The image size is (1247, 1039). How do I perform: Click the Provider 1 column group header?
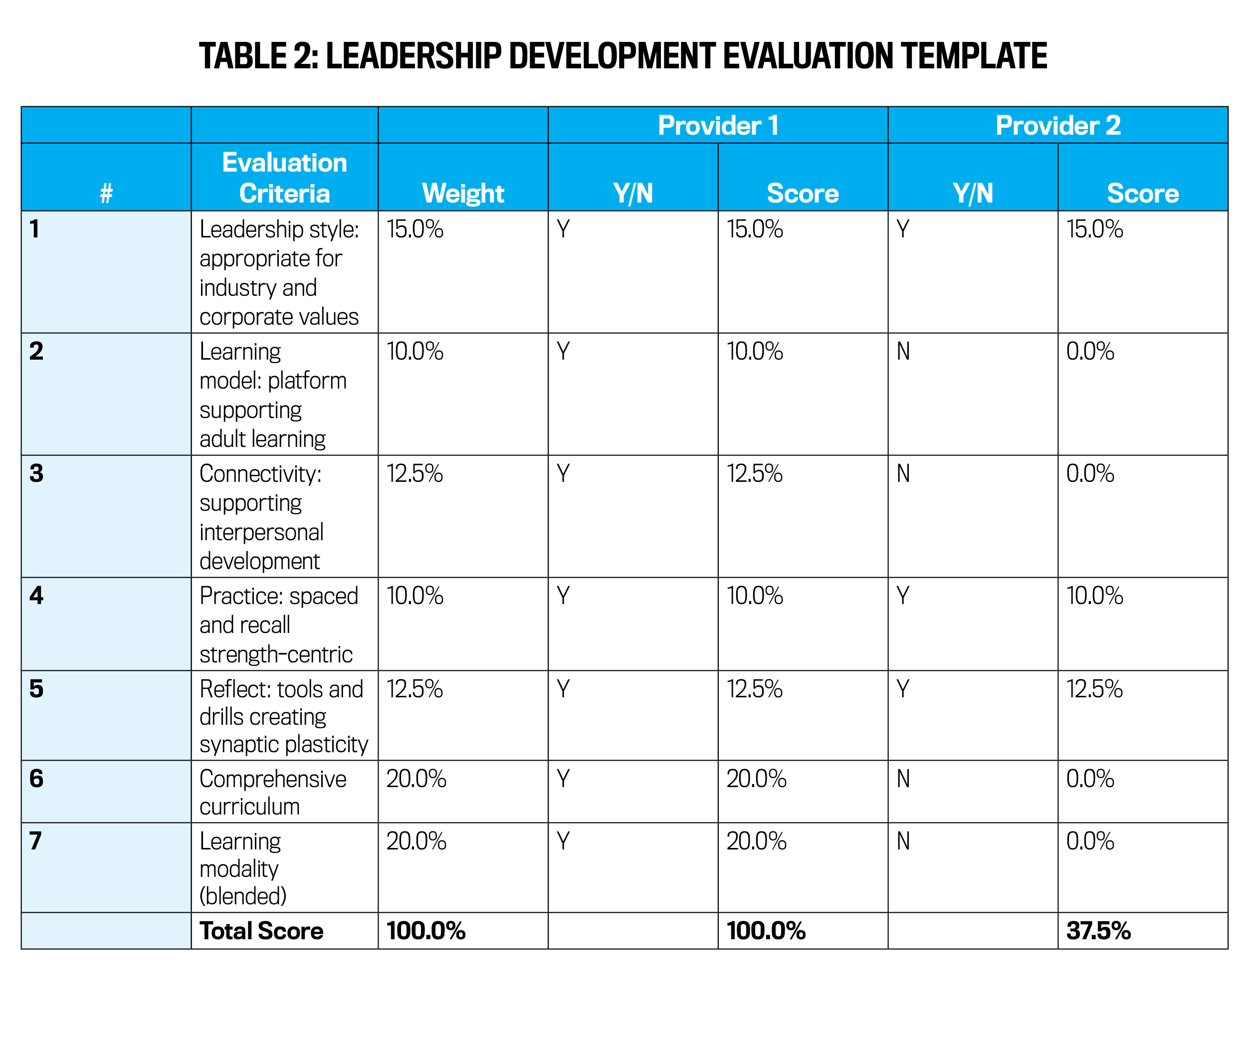click(717, 126)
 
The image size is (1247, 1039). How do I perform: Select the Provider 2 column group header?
click(1057, 126)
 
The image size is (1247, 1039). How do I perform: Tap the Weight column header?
click(462, 194)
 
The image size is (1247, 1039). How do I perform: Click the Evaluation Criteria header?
click(284, 178)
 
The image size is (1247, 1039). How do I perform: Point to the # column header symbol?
click(106, 194)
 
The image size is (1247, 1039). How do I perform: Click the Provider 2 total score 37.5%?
click(1098, 930)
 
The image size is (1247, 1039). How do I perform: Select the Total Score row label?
click(261, 930)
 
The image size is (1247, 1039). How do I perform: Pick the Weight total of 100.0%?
click(426, 930)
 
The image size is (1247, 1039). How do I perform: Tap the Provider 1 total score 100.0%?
click(766, 930)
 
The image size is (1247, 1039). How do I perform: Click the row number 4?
click(36, 596)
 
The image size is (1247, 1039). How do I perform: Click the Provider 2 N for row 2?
click(903, 352)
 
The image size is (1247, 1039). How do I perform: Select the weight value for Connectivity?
click(415, 474)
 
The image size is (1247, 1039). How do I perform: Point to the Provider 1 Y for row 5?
click(563, 689)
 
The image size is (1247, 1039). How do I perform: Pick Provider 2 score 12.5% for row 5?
click(1094, 689)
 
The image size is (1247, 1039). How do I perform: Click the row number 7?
click(35, 840)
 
